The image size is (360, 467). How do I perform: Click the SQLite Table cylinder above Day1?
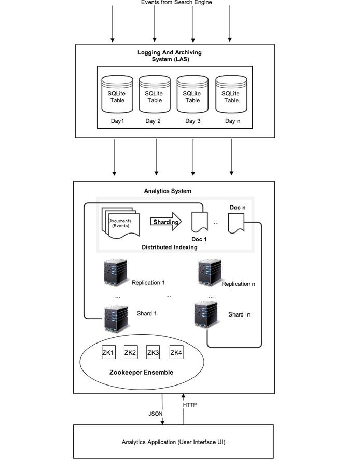pyautogui.click(x=117, y=94)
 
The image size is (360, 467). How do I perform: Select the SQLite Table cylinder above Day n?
pyautogui.click(x=231, y=94)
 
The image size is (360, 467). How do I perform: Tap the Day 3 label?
pyautogui.click(x=193, y=121)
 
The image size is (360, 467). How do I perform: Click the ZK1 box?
pyautogui.click(x=108, y=353)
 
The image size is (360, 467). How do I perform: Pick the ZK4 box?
pyautogui.click(x=176, y=353)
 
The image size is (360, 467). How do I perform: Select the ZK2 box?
pyautogui.click(x=131, y=353)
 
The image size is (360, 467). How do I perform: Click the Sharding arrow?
pyautogui.click(x=166, y=222)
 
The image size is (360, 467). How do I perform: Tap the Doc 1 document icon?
pyautogui.click(x=200, y=222)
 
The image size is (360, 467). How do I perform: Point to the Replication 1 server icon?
pyautogui.click(x=116, y=273)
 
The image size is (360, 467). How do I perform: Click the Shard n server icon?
pyautogui.click(x=206, y=315)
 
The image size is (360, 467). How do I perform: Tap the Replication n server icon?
pyautogui.click(x=210, y=273)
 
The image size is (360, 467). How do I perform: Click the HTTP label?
pyautogui.click(x=190, y=405)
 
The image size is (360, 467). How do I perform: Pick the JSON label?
pyautogui.click(x=156, y=414)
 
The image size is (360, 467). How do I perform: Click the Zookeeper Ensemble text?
pyautogui.click(x=141, y=373)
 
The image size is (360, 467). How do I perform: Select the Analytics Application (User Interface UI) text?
pyautogui.click(x=173, y=442)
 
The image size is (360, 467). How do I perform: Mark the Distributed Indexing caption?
pyautogui.click(x=170, y=248)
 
